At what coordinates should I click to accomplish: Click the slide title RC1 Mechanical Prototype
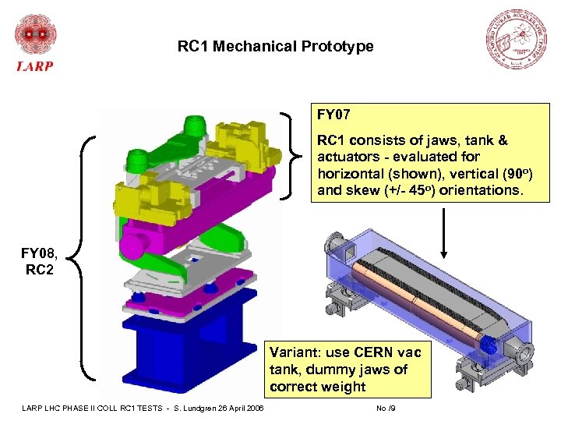click(275, 47)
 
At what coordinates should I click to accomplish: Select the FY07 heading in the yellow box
click(333, 115)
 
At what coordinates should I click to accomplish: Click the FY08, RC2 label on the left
click(39, 261)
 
